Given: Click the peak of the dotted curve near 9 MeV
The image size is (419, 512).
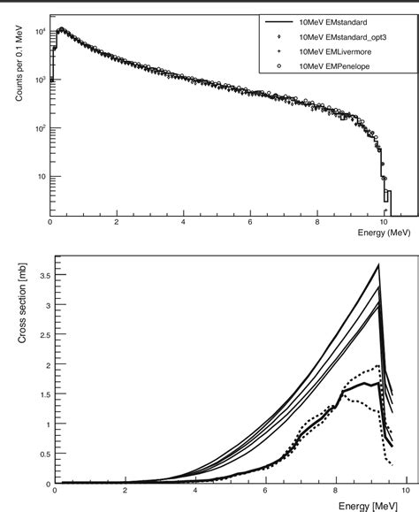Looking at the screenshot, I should click(x=377, y=366).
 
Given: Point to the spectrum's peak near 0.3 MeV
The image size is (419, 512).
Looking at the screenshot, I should click(x=59, y=29).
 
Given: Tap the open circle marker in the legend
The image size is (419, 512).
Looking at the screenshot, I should click(x=279, y=66).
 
